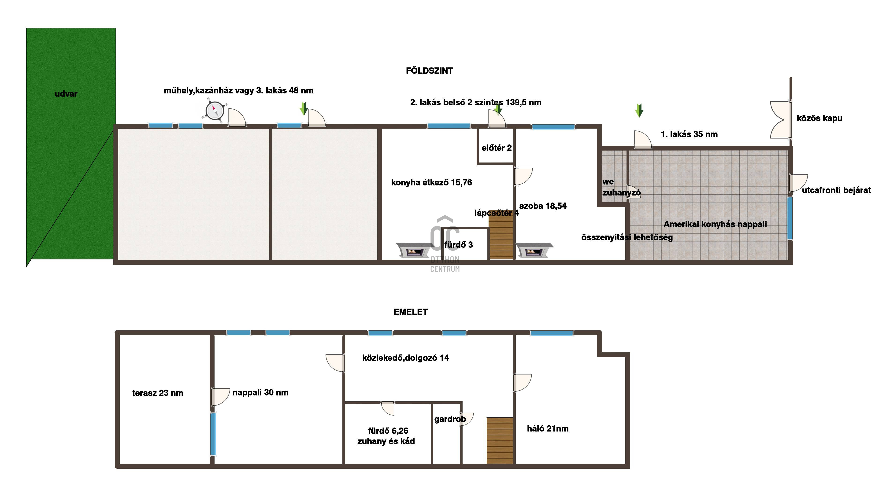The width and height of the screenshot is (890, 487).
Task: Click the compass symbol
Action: (215, 111)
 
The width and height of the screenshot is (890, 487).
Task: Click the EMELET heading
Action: (410, 312)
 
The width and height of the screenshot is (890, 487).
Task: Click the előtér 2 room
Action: (496, 146)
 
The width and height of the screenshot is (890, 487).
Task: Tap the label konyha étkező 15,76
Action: (431, 182)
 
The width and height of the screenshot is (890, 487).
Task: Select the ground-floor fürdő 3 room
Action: (465, 244)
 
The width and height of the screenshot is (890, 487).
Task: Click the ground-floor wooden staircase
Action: (501, 234)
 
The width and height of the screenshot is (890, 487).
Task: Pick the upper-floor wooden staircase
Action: (500, 441)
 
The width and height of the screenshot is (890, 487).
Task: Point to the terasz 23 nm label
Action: (158, 393)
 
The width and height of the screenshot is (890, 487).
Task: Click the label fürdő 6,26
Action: (388, 431)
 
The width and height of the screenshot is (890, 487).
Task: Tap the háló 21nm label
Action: (548, 429)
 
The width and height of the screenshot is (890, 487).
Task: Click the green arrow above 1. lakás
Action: (639, 111)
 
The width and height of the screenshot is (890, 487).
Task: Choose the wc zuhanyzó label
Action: (621, 187)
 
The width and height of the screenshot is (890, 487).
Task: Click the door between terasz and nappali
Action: (220, 397)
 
